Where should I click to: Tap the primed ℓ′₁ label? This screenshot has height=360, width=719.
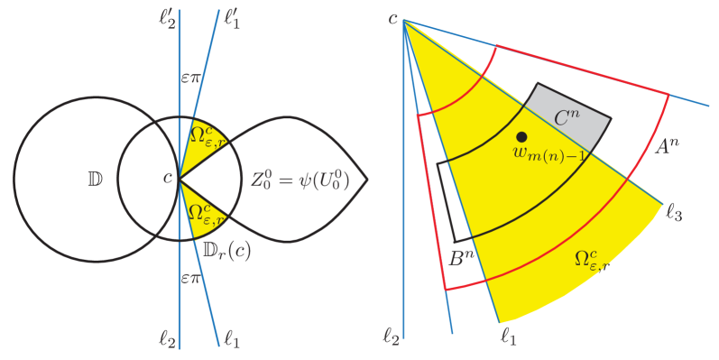coord(233,15)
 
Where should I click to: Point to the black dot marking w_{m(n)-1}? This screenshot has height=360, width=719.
coord(522,136)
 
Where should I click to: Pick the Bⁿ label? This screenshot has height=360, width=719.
coord(462,258)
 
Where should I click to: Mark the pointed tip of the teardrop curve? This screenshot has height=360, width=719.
coord(367,179)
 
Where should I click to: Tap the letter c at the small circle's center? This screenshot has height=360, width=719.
coord(167,179)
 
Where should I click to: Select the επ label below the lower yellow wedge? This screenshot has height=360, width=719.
coord(191,279)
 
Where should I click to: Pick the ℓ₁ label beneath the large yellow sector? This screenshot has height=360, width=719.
coord(507,338)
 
